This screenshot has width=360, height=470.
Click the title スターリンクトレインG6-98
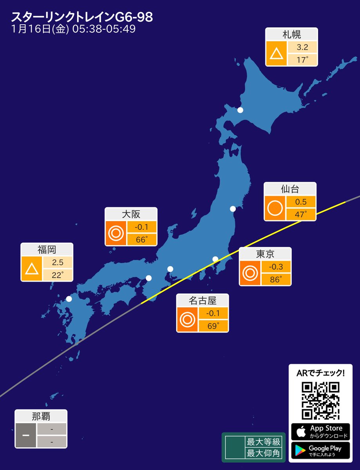82,17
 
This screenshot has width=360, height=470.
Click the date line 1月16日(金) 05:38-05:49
74,30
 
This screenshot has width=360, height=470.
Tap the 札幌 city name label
291,34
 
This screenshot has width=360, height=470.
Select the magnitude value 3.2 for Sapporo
302,48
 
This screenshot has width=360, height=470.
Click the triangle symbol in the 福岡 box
32,269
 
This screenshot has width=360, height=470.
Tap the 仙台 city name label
290,189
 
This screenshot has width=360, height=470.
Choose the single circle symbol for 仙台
275,208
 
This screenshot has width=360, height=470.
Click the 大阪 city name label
131,214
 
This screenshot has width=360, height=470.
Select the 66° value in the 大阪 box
141,239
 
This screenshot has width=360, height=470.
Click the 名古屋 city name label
203,300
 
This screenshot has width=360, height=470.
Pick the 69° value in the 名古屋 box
213,326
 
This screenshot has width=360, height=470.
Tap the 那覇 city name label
41,416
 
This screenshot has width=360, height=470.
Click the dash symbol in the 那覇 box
26,436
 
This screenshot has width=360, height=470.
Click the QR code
320,400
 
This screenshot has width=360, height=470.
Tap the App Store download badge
320,432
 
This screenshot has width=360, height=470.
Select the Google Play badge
320,450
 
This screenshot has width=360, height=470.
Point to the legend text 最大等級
263,442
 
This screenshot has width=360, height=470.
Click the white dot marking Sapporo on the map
240,110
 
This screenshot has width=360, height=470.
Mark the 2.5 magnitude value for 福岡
57,262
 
